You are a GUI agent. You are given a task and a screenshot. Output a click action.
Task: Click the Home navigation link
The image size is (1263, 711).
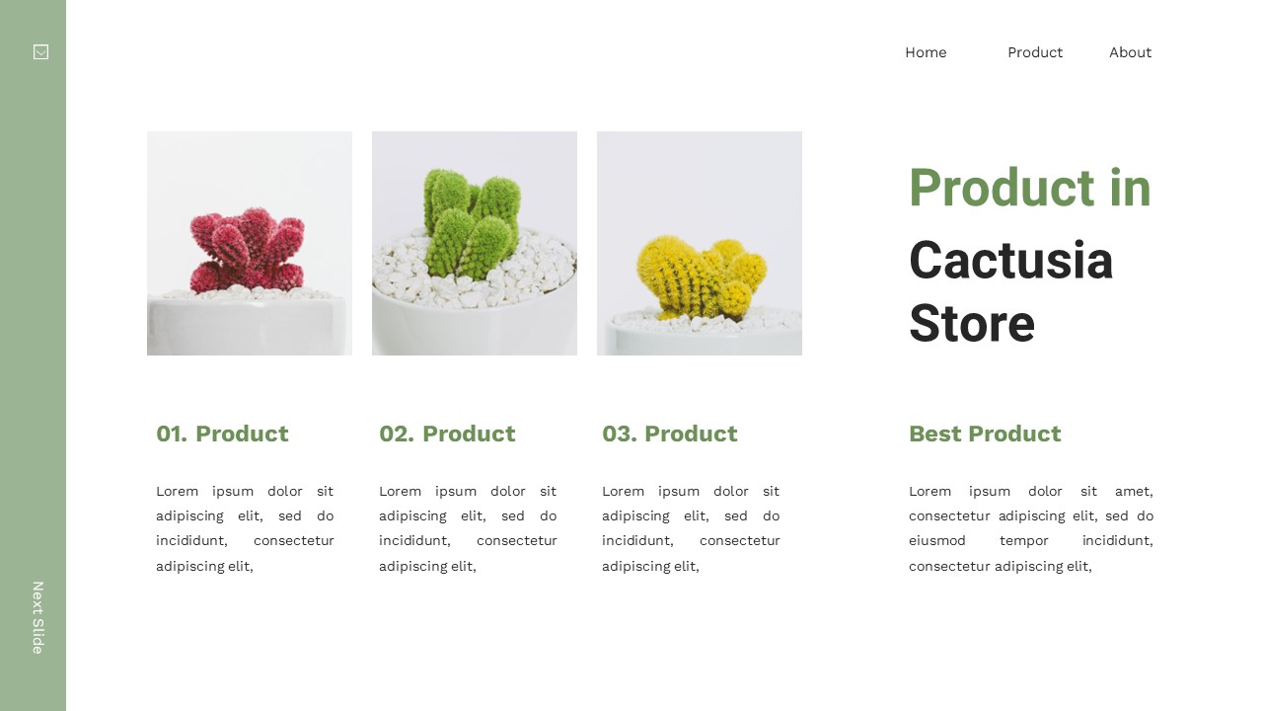(926, 52)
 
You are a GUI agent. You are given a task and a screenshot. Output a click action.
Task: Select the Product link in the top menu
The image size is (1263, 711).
(1034, 52)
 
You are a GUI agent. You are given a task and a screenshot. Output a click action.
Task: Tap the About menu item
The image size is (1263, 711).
(1130, 52)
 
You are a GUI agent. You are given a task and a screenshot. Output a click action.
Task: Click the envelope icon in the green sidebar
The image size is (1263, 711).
(40, 52)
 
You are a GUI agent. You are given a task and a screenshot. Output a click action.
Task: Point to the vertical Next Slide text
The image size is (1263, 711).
(37, 617)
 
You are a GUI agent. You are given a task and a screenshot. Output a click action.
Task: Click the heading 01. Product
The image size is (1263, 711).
(222, 434)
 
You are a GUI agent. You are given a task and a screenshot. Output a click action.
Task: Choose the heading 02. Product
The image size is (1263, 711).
(447, 434)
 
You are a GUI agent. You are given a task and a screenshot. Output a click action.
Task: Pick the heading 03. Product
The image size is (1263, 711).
(669, 434)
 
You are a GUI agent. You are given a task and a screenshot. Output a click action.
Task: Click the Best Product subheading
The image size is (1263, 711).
(984, 434)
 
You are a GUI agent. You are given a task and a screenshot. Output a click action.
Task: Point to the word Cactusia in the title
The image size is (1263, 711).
(1010, 261)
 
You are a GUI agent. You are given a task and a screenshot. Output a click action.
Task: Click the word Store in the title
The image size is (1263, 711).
(971, 324)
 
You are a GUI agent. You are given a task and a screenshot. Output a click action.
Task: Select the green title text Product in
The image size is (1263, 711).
(1029, 188)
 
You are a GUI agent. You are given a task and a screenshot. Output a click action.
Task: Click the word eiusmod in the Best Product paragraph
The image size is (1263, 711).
(936, 541)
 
